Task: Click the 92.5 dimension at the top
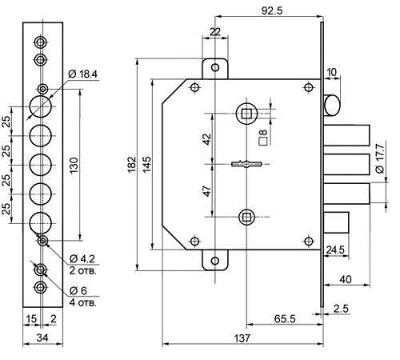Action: pos(272,10)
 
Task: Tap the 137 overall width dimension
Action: pos(242,338)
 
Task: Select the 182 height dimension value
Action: pos(132,165)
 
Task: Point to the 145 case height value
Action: pos(146,165)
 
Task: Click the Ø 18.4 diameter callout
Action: pos(83,74)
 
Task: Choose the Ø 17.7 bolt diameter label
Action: pos(380,158)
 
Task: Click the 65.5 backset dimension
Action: pos(285,318)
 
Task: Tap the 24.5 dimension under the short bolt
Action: pos(335,250)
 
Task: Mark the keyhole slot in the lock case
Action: pos(246,164)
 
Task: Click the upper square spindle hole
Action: pos(246,114)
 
